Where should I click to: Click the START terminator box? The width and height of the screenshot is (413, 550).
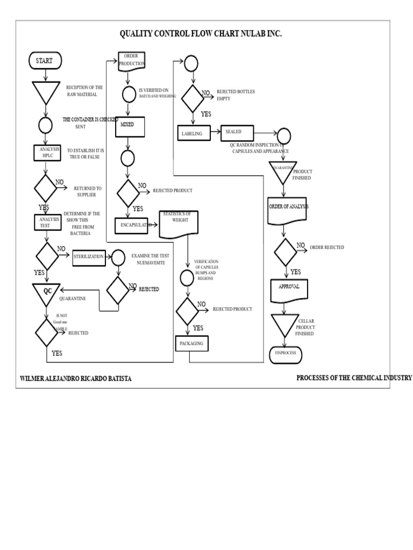coord(45,61)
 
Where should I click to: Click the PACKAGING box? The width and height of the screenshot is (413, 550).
coord(191,342)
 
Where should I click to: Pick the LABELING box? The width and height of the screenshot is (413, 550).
coord(192,134)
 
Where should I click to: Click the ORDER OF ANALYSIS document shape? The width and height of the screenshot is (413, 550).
coord(288,209)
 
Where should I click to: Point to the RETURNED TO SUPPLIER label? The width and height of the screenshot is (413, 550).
coord(88,191)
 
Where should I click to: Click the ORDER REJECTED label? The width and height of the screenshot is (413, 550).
coord(326,248)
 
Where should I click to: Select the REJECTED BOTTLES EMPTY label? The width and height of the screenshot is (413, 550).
coord(235,95)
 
